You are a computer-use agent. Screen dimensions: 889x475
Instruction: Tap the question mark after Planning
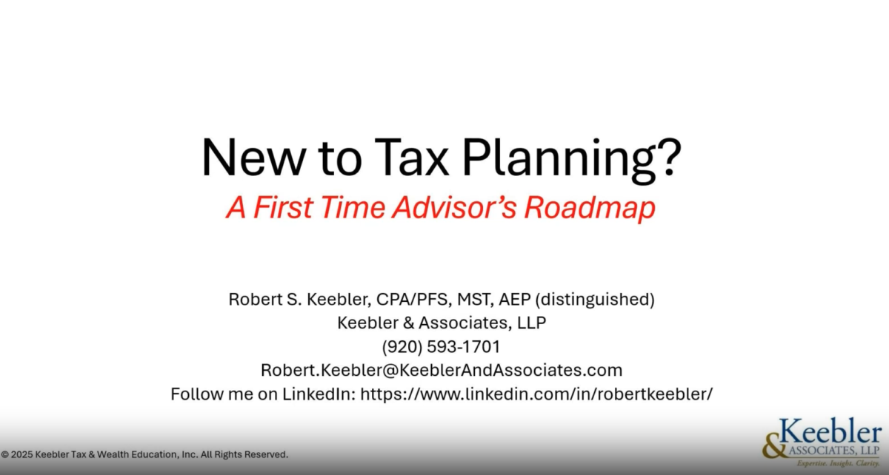coord(670,157)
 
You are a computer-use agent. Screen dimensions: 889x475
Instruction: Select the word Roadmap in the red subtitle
coord(590,206)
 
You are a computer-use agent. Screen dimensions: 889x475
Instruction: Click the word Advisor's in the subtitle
coord(455,206)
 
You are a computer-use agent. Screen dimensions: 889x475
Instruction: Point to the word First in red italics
coord(283,206)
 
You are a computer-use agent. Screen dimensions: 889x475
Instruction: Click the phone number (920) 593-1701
coord(441,346)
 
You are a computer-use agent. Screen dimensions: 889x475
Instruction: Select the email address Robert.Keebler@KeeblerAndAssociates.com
coord(442,370)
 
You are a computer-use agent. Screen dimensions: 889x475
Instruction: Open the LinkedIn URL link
coord(536,394)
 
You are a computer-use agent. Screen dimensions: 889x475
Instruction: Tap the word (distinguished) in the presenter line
coord(595,300)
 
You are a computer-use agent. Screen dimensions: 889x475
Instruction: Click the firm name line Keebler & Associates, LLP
coord(442,323)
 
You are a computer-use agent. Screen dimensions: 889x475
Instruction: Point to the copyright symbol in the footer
coord(4,454)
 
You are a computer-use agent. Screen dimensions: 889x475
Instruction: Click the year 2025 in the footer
coord(21,454)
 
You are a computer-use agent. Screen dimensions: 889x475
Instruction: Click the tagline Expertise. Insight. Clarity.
coord(838,463)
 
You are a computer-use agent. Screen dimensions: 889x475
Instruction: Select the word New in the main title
coord(253,158)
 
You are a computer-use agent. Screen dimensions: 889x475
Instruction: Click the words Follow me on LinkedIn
coord(263,394)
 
